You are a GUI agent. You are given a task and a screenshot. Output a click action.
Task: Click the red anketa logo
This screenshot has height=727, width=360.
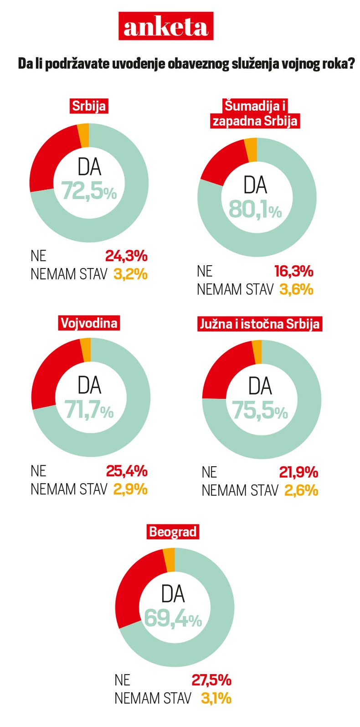click(166, 26)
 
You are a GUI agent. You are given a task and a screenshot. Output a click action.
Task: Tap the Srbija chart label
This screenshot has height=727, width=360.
click(89, 106)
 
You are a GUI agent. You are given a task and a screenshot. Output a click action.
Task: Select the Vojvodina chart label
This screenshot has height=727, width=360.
click(89, 323)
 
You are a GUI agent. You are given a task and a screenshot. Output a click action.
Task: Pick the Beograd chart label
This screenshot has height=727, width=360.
click(173, 531)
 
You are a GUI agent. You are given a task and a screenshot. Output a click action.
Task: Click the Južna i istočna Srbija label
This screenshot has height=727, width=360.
click(259, 324)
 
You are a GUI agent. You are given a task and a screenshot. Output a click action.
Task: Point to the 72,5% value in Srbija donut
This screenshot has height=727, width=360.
click(89, 191)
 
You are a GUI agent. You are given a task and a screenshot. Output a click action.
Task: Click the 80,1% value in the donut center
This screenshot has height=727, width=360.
click(255, 209)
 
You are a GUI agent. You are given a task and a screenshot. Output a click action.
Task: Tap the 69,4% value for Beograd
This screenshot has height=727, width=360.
click(173, 619)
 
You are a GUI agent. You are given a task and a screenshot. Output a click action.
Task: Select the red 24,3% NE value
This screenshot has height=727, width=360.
click(126, 256)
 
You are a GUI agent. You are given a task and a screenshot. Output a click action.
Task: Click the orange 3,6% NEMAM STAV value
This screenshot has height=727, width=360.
click(296, 289)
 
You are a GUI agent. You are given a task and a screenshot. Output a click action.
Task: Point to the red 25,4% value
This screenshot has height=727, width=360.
click(127, 470)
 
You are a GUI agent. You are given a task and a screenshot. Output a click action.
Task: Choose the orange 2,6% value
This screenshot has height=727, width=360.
click(301, 490)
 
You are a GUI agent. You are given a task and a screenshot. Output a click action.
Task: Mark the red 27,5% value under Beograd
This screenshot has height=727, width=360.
click(211, 680)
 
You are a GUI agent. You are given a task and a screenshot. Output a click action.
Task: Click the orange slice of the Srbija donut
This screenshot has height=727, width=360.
click(83, 135)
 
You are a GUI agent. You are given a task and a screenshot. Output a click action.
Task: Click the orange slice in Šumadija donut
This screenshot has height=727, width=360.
click(251, 150)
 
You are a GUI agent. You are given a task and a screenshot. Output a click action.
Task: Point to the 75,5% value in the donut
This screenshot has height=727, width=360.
click(260, 410)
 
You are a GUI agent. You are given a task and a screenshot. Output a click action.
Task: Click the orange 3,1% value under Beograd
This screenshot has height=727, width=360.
click(216, 698)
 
